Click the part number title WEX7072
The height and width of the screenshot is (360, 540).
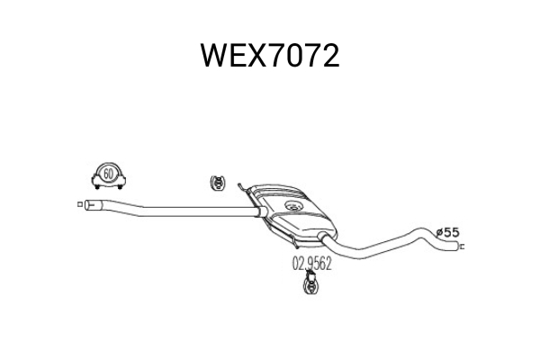pos(270,56)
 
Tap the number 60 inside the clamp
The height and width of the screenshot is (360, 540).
pos(108,174)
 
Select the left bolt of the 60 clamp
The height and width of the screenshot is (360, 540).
pos(97,186)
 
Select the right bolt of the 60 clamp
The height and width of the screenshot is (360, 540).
pos(120,186)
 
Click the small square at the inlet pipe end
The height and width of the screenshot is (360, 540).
pos(80,204)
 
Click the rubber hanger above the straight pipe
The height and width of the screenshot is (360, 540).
pos(218,183)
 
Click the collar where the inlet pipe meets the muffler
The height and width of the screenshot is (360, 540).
pos(262,211)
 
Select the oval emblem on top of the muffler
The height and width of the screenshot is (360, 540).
pos(293,206)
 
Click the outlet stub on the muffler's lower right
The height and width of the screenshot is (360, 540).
pos(323,237)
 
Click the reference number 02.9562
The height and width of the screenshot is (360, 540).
pos(312,264)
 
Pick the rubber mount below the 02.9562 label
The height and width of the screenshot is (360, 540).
pos(310,283)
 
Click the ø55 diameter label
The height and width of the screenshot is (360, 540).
pos(447,232)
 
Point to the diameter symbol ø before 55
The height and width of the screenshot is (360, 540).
pos(440,233)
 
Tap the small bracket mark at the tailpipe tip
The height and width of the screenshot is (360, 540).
pos(463,247)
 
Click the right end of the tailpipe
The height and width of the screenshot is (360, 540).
pos(458,247)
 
